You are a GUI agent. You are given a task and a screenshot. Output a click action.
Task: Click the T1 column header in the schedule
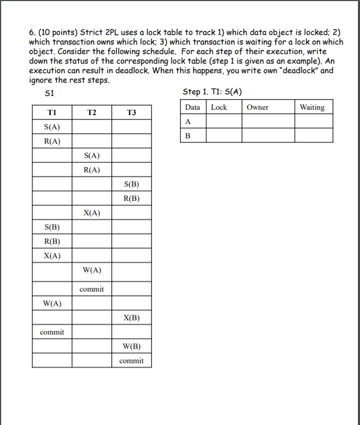tap(52, 112)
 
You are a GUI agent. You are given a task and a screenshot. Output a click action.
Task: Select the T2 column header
tap(92, 112)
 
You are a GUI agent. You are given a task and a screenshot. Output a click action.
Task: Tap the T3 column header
tap(131, 112)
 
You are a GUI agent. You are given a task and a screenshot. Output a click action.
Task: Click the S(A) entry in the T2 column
tap(92, 155)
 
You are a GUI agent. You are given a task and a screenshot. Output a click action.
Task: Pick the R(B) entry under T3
tap(131, 199)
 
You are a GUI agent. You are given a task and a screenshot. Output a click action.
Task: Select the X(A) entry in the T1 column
tap(52, 256)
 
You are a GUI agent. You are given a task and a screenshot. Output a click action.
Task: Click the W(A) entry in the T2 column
tap(92, 270)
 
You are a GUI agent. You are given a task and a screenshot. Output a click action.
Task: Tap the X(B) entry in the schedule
tap(131, 318)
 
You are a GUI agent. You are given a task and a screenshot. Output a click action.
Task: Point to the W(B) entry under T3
tap(131, 347)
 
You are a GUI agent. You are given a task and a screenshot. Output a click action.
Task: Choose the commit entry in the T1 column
tap(52, 332)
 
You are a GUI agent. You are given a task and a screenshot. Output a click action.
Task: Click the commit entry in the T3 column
tap(131, 361)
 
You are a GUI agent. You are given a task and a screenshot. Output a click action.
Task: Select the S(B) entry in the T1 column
tap(52, 227)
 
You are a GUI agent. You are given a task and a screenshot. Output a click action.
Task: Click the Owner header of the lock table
tap(258, 107)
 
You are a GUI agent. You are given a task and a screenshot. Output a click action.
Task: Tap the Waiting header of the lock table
tap(312, 107)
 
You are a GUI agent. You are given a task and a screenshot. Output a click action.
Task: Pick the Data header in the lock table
tap(192, 107)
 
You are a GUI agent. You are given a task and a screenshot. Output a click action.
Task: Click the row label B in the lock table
tap(187, 135)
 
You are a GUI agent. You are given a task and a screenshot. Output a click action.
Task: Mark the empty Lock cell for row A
tap(224, 121)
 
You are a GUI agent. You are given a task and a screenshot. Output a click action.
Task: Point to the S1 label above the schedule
tap(50, 93)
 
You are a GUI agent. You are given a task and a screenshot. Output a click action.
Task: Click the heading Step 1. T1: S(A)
tap(212, 92)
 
